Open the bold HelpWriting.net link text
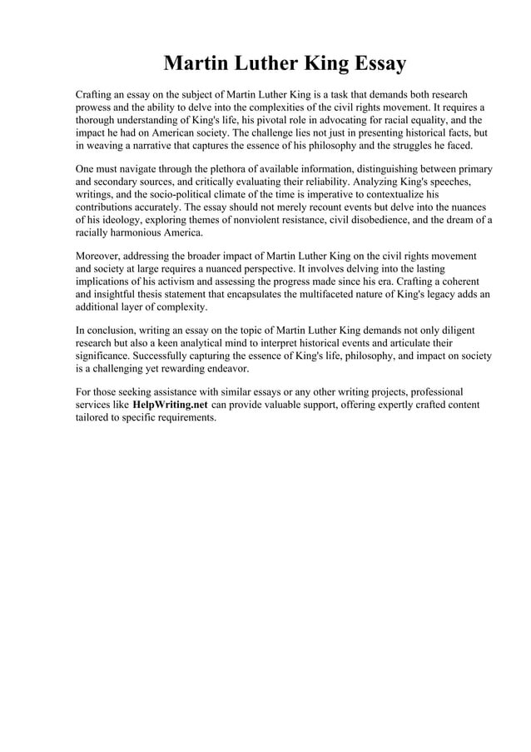point(171,405)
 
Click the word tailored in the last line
point(94,417)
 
